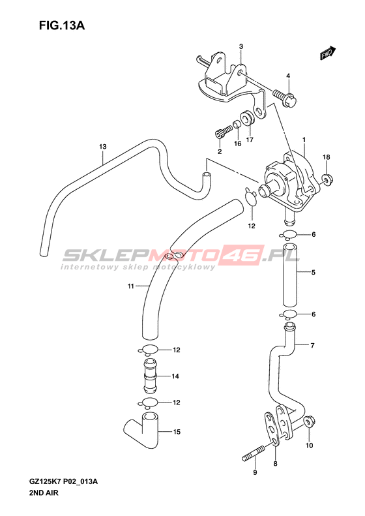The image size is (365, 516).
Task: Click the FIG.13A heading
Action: pyautogui.click(x=62, y=25)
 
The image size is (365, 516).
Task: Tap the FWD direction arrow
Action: pyautogui.click(x=328, y=53)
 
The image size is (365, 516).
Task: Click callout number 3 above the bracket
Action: pyautogui.click(x=241, y=46)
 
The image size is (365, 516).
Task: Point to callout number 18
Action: pyautogui.click(x=326, y=157)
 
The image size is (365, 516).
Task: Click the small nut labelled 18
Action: pyautogui.click(x=327, y=179)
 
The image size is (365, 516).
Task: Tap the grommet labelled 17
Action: pyautogui.click(x=246, y=119)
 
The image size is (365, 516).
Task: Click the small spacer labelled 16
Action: pyautogui.click(x=237, y=125)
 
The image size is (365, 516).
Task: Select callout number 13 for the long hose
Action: pyautogui.click(x=103, y=146)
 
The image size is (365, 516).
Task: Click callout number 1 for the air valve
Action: pyautogui.click(x=304, y=140)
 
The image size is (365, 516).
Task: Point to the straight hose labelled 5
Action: pyautogui.click(x=291, y=274)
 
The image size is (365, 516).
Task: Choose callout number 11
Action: pyautogui.click(x=131, y=286)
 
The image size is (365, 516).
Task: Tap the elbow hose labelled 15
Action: pyautogui.click(x=142, y=427)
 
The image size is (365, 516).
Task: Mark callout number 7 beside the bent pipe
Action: pyautogui.click(x=312, y=345)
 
